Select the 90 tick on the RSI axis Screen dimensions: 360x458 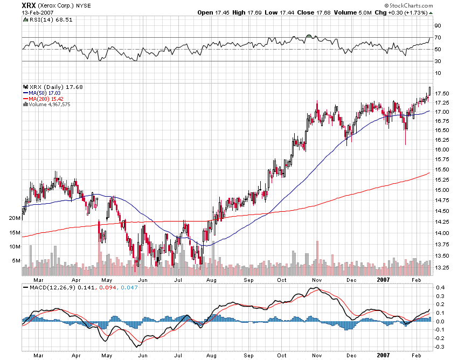point(438,26)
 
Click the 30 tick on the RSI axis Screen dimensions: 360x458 point(438,61)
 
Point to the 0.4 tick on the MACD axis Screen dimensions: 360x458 point(440,287)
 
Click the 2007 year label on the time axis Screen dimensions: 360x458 point(383,280)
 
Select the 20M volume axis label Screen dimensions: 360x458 point(15,218)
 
